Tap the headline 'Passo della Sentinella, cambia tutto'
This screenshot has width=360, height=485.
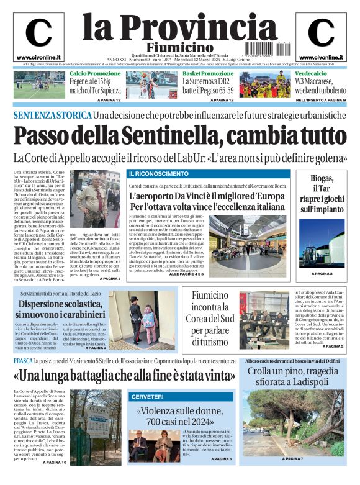click(179, 135)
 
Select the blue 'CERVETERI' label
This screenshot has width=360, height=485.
click(147, 396)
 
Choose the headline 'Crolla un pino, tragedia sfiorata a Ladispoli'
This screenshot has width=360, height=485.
click(295, 377)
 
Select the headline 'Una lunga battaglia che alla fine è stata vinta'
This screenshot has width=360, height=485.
click(124, 376)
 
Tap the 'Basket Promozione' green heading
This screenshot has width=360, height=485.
click(208, 73)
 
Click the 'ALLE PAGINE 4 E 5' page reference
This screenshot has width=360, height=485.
click(187, 274)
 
